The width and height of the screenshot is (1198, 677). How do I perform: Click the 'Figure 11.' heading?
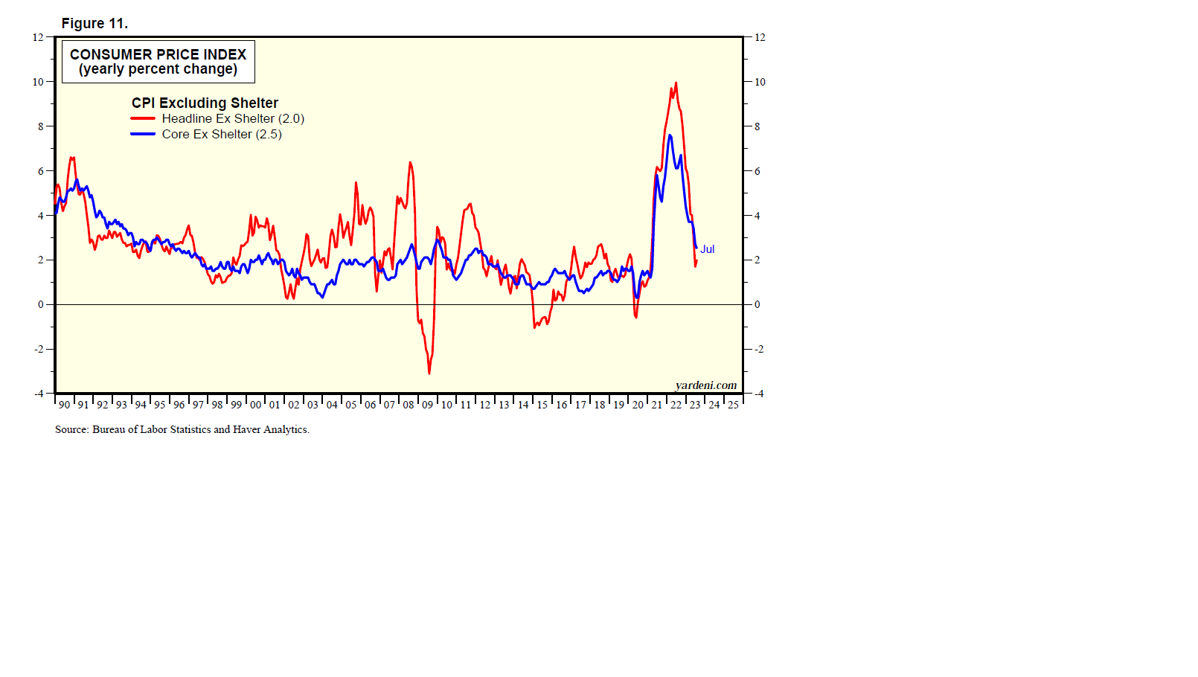pos(95,24)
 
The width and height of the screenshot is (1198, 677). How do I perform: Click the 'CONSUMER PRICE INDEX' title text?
pos(158,54)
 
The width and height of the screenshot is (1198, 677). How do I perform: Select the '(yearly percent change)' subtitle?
pos(158,69)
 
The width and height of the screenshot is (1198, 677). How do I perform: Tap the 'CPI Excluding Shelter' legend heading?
pos(205,103)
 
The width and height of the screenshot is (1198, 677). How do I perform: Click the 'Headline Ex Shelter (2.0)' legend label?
pos(233,119)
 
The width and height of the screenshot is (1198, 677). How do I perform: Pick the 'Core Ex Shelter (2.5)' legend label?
pos(222,135)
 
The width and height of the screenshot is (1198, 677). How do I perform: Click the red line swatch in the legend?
pos(143,119)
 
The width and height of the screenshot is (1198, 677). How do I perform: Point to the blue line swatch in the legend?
pos(143,135)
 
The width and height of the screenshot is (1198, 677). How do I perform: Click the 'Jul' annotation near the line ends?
pos(707,249)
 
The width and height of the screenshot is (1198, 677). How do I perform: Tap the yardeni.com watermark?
pos(705,385)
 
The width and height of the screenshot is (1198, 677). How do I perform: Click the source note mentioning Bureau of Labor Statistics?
pos(182,429)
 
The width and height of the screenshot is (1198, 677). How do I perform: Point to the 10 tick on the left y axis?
pos(38,82)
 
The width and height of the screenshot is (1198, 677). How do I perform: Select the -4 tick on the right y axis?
pos(759,394)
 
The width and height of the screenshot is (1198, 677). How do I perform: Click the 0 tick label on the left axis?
pos(40,304)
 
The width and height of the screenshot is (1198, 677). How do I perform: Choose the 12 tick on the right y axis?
pos(760,37)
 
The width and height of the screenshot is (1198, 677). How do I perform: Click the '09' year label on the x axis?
pos(427,405)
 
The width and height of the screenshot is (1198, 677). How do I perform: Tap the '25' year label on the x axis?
pos(733,405)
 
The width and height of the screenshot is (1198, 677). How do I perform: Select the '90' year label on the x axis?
pos(64,405)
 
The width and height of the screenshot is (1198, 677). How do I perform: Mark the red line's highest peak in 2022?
pos(676,83)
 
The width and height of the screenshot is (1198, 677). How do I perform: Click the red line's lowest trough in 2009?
pos(429,373)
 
